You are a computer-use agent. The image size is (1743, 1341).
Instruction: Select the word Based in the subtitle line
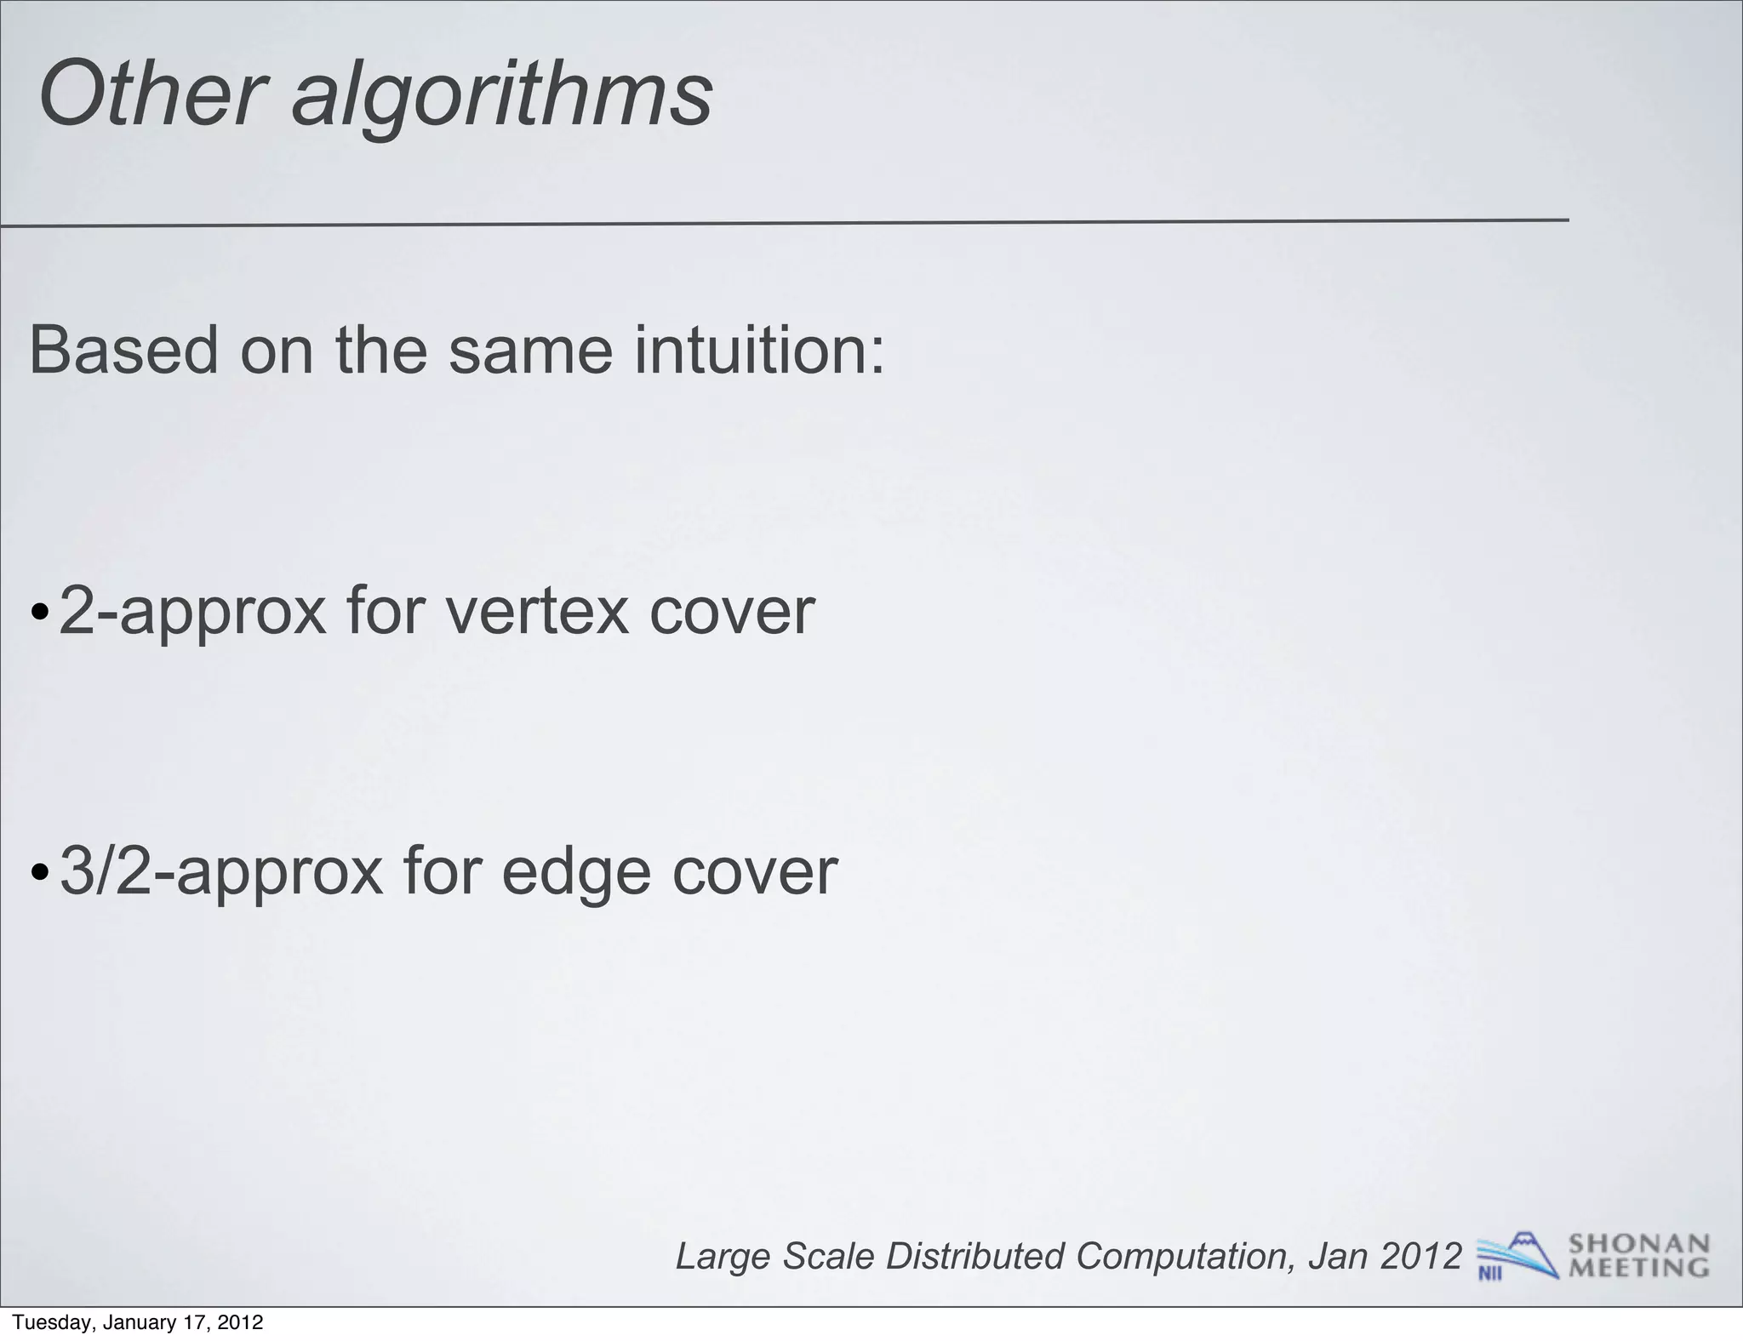click(123, 350)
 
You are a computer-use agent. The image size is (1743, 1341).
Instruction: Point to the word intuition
click(758, 350)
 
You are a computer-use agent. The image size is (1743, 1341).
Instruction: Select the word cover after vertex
click(732, 611)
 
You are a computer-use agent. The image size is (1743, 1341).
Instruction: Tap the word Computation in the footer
click(1184, 1257)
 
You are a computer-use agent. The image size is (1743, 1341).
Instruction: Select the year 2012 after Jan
click(1420, 1255)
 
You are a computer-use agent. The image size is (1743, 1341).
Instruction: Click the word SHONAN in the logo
click(1638, 1244)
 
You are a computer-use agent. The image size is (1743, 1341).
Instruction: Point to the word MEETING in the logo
click(1638, 1268)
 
